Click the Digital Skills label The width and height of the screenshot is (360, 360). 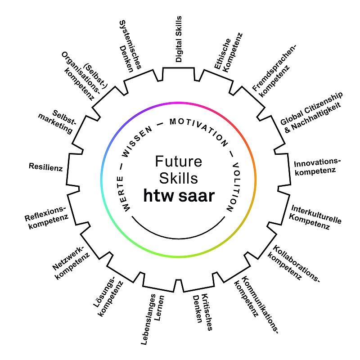(178, 39)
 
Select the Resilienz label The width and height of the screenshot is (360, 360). (46, 167)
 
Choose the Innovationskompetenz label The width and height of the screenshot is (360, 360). (317, 167)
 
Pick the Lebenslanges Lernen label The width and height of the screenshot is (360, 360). (153, 319)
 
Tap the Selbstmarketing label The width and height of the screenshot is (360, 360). (57, 121)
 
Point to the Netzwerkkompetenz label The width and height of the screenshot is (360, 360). (71, 263)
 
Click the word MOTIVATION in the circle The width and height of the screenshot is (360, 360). (199, 130)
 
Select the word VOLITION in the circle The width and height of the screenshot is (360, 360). (234, 187)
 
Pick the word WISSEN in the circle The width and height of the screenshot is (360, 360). (137, 141)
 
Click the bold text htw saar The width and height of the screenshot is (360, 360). (179, 196)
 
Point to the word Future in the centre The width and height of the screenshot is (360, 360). (178, 161)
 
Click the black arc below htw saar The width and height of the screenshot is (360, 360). (178, 239)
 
